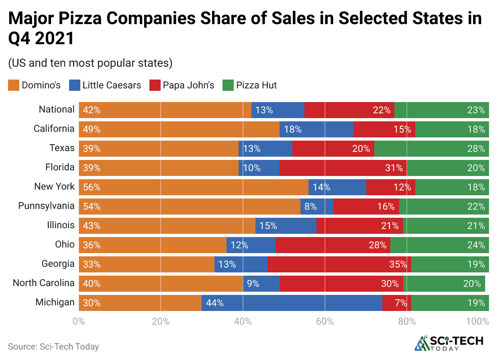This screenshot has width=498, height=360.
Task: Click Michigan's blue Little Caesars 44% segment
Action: [292, 303]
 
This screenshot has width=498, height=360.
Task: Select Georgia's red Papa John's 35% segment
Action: [339, 264]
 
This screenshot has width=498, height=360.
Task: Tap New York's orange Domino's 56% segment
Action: [193, 187]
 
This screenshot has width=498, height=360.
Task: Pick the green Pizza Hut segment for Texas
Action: [431, 148]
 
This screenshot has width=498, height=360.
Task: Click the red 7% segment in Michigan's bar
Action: [396, 303]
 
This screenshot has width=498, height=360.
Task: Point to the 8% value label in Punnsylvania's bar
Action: [310, 206]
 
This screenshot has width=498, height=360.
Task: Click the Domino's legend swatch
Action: [13, 85]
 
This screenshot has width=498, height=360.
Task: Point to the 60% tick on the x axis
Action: [325, 321]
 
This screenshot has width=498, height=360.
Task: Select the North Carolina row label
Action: [43, 282]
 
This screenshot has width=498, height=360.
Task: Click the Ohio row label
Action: [65, 244]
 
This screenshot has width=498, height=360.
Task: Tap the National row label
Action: [57, 109]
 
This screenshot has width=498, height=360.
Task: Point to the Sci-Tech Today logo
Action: [449, 343]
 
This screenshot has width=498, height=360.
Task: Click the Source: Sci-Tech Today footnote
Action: [53, 346]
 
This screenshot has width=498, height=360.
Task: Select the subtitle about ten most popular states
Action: [90, 63]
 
